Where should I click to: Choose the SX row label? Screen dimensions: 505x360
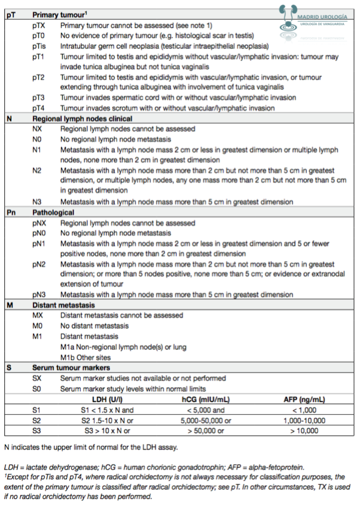pos(38,378)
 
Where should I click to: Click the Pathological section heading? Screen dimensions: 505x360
pos(53,212)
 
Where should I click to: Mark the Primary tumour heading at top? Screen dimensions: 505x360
pos(60,14)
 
